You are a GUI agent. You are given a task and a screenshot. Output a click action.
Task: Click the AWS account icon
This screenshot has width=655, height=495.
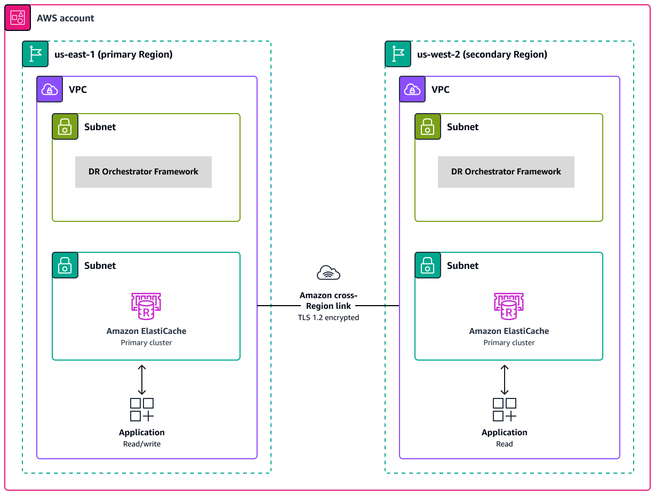point(18,18)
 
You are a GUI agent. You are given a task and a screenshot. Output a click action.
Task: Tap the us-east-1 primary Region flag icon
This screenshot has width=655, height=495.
point(35,54)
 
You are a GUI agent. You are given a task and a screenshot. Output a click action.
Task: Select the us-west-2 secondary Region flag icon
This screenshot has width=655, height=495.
point(398,54)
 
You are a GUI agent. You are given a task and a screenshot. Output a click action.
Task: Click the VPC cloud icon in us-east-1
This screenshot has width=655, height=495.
point(50,89)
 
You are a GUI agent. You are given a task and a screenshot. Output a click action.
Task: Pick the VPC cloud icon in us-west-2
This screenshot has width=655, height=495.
point(412,89)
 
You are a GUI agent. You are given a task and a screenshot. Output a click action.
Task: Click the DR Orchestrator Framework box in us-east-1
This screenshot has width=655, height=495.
point(143,172)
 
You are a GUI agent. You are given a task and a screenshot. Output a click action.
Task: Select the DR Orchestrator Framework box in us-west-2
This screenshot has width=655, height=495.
point(506,172)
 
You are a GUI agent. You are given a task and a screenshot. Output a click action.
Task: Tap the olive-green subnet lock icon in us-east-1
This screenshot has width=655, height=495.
point(65,126)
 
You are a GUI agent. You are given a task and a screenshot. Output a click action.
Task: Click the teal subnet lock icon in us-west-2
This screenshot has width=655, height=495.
point(428,265)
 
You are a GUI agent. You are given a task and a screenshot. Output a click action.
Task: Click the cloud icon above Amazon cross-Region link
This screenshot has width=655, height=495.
point(329,273)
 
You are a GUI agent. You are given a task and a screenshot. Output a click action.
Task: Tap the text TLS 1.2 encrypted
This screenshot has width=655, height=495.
point(329,317)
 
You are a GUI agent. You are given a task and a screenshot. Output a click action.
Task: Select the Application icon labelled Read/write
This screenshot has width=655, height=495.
point(142,410)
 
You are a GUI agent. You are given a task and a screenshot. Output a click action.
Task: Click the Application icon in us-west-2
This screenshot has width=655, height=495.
point(505,410)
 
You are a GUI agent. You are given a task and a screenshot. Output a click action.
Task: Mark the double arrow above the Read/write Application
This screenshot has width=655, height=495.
point(142,380)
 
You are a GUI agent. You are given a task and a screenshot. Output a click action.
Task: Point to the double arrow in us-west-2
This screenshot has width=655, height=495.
point(505,380)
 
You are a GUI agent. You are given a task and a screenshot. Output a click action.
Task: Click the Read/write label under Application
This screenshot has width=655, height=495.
point(142,444)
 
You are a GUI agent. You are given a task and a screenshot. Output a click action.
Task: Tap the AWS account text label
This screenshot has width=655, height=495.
point(65,18)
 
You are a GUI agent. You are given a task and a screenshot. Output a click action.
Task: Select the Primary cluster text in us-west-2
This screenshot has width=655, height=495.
point(509,342)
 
